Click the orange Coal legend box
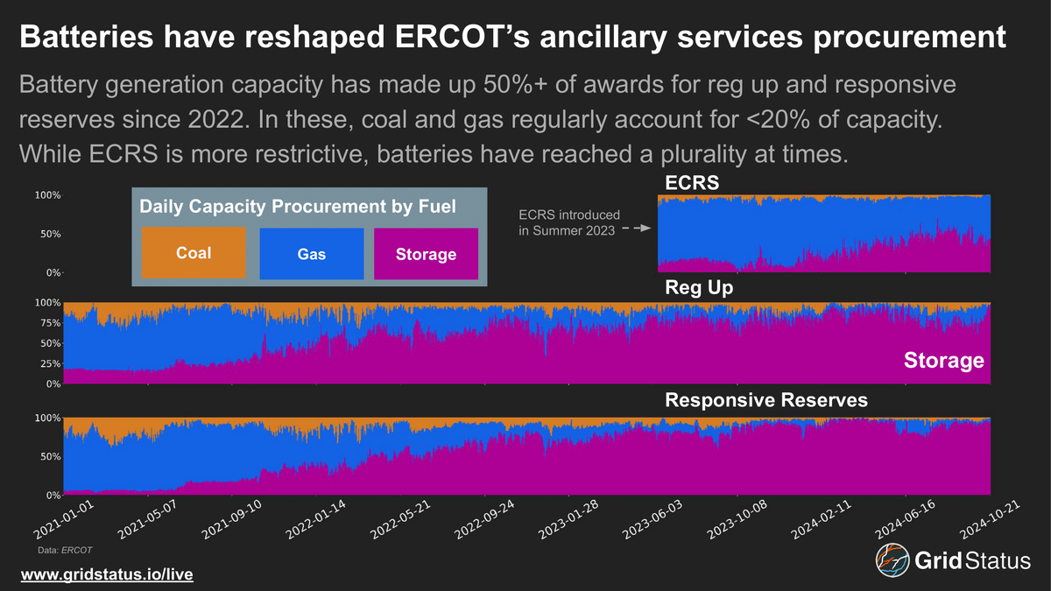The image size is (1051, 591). pos(194,254)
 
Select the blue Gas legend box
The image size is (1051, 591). pos(311,254)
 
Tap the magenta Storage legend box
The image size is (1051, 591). pos(426,254)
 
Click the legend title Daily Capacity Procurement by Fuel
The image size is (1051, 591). pos(298,208)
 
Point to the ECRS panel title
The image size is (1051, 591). pos(690,182)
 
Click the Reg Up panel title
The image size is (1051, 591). pos(699,287)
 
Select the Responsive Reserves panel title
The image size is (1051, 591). pos(766,400)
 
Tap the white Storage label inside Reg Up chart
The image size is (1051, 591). pos(944,361)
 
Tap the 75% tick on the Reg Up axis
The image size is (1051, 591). pos(49,322)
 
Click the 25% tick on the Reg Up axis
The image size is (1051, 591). pos(49,363)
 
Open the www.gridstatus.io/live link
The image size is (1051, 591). pos(106,574)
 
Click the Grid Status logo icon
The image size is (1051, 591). pos(891,561)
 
